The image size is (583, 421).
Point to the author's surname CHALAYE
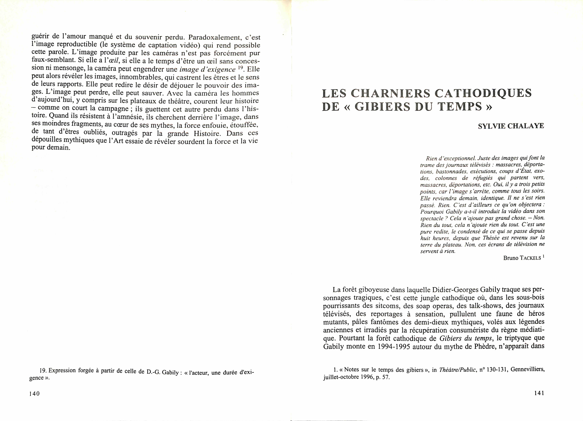[x=526, y=126]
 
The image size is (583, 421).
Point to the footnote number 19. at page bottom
[x=43, y=371]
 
